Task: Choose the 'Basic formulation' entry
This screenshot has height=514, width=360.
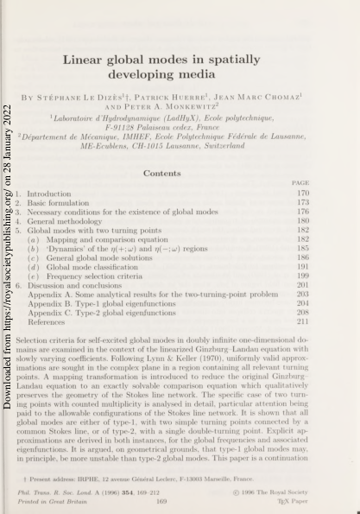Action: (x=58, y=203)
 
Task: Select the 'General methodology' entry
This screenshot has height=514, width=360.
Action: (x=63, y=222)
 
